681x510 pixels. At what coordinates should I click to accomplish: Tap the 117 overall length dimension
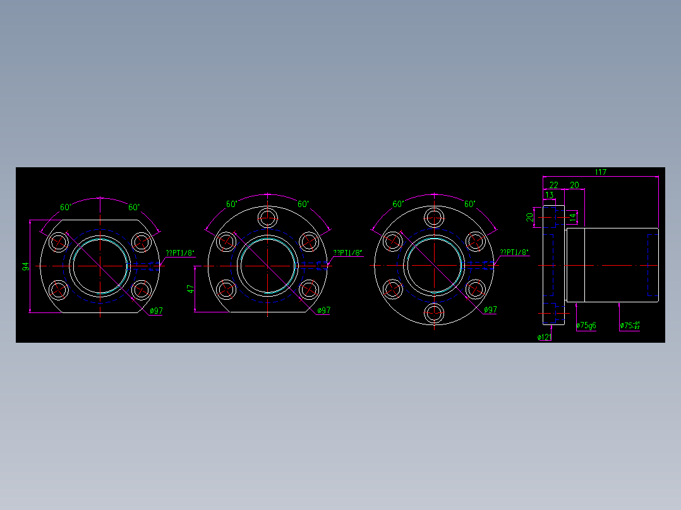tap(600, 172)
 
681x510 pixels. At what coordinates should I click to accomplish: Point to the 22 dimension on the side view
tap(553, 184)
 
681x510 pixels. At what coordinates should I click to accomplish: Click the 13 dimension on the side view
tap(549, 195)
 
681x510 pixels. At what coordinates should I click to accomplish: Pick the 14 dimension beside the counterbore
tap(572, 217)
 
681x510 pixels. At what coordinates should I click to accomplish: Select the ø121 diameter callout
tap(544, 337)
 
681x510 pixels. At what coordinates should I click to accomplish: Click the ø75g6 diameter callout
tap(586, 326)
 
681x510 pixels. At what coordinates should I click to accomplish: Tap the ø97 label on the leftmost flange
tap(157, 311)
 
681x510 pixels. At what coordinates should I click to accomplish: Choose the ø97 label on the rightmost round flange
tap(490, 310)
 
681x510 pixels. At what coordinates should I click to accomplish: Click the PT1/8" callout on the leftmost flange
tap(180, 253)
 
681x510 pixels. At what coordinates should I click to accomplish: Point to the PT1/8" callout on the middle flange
tap(348, 253)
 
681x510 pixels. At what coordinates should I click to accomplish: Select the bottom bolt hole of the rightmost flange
tap(434, 312)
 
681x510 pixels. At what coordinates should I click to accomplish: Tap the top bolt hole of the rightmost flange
tap(434, 218)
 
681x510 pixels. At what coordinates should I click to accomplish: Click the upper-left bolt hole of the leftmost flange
tap(59, 241)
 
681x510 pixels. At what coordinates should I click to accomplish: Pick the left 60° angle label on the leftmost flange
tap(66, 207)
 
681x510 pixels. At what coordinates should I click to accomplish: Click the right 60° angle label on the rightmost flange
tap(470, 204)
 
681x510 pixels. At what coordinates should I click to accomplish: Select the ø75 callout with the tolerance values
tap(629, 326)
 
